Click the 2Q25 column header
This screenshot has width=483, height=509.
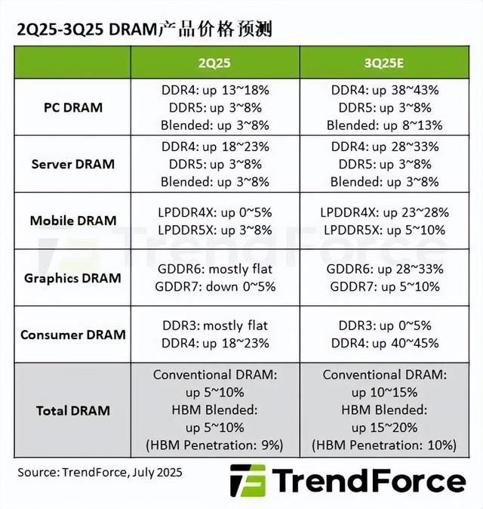pyautogui.click(x=215, y=61)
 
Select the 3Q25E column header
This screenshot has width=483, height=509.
pyautogui.click(x=385, y=61)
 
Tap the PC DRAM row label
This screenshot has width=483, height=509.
pyautogui.click(x=72, y=107)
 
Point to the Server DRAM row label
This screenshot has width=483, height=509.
pyautogui.click(x=72, y=164)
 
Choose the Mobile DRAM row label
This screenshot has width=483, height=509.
pyautogui.click(x=72, y=221)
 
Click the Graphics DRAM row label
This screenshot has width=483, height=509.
pyautogui.click(x=72, y=278)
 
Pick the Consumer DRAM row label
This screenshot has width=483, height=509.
pyautogui.click(x=72, y=335)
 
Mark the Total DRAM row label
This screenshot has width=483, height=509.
pyautogui.click(x=72, y=411)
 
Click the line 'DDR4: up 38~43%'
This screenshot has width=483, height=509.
pyautogui.click(x=385, y=90)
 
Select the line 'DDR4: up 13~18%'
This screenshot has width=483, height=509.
pyautogui.click(x=215, y=90)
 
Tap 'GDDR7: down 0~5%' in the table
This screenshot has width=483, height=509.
pyautogui.click(x=215, y=287)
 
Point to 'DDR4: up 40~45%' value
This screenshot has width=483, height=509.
pyautogui.click(x=385, y=344)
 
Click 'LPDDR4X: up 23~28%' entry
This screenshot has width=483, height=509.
pyautogui.click(x=385, y=212)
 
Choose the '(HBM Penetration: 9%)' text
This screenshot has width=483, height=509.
pyautogui.click(x=215, y=446)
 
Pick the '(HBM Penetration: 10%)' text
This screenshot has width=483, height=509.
pyautogui.click(x=385, y=446)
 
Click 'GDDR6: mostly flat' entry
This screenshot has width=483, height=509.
pyautogui.click(x=215, y=270)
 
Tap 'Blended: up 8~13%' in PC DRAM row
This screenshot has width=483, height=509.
pyautogui.click(x=385, y=125)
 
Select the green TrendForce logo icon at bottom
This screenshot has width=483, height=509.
pyautogui.click(x=248, y=481)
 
